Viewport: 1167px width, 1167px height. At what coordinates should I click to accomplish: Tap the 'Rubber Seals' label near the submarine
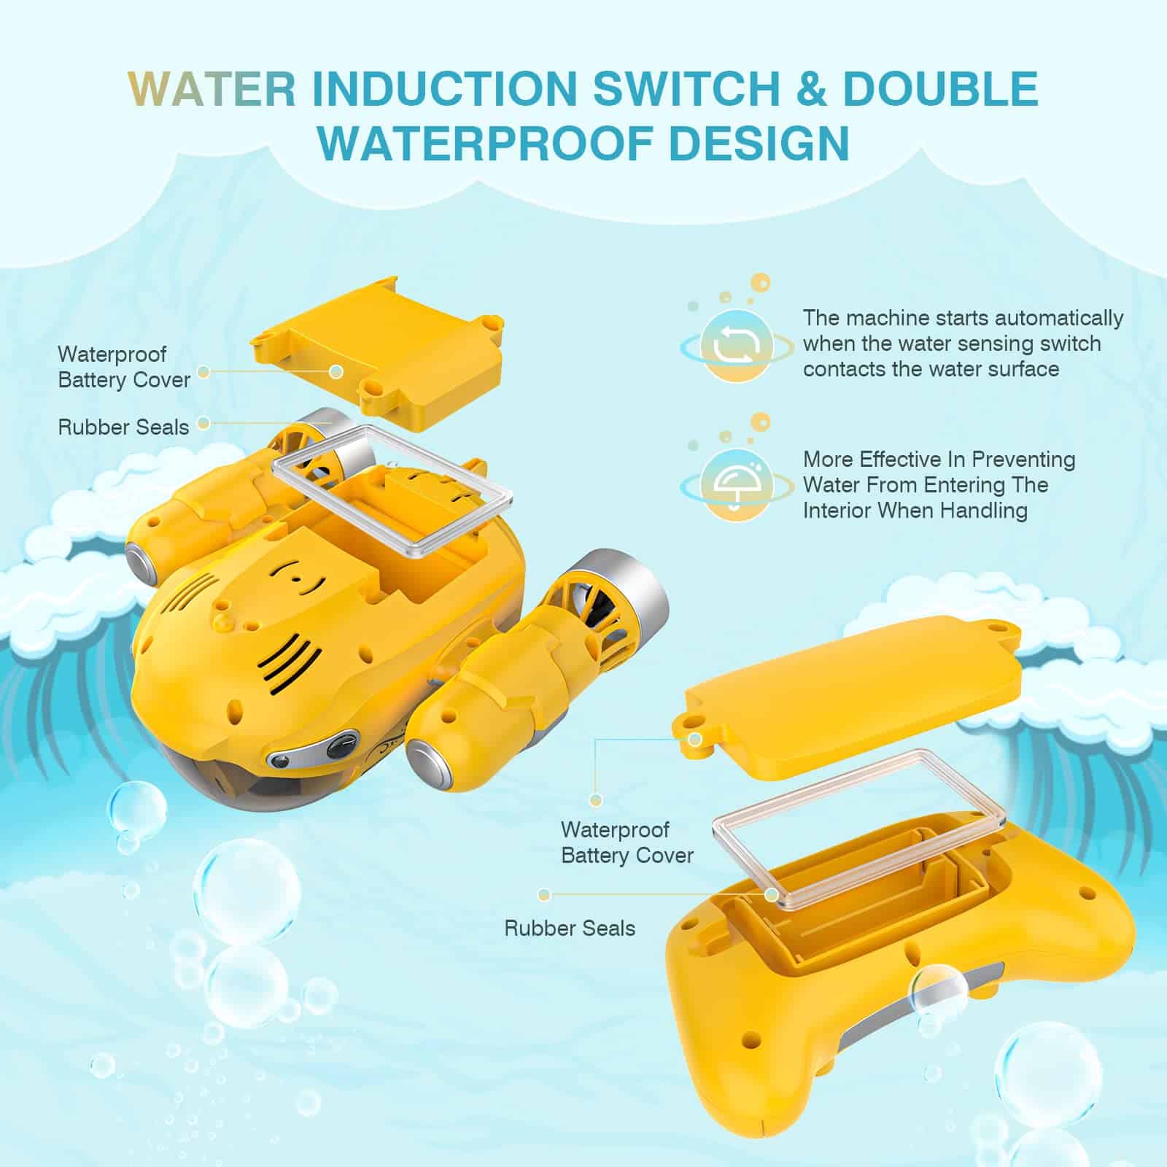click(x=123, y=427)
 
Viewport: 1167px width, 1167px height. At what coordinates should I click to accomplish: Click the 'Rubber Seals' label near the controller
click(x=570, y=928)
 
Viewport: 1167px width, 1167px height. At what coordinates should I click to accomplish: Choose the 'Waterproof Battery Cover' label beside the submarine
click(x=124, y=367)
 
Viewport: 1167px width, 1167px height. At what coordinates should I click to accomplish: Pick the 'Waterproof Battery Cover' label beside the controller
click(x=627, y=842)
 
